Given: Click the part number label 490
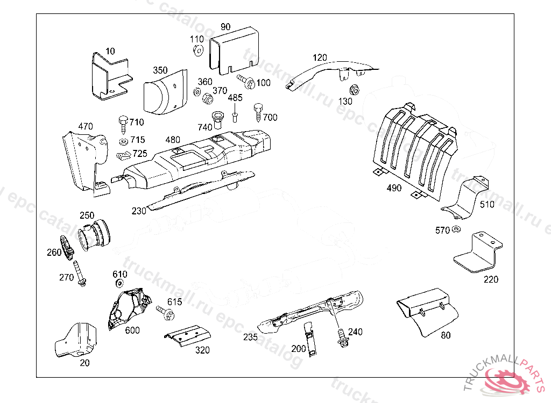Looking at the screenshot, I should (394, 188).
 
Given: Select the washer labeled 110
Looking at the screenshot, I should (197, 51).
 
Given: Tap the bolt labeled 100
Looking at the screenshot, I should (246, 82).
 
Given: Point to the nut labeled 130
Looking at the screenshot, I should (355, 89).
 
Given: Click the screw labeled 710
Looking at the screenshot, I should (123, 123).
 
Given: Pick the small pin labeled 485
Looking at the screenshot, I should (235, 116).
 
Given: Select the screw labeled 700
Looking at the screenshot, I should (258, 112).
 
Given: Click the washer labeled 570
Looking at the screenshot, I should (455, 230).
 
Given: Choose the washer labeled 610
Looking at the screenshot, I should (119, 284).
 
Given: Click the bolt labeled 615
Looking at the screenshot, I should (164, 312).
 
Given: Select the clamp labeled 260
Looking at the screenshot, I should (66, 247).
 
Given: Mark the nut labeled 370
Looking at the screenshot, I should (207, 99).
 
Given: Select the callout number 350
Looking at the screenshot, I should (160, 70).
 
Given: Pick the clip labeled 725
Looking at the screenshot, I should (123, 155).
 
